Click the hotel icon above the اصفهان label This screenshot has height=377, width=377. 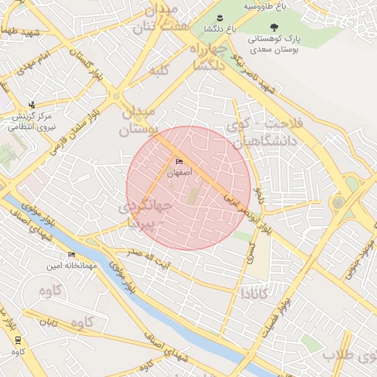click(179, 162)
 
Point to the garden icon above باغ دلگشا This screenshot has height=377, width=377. click(219, 18)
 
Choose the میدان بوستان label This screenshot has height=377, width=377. click(138, 121)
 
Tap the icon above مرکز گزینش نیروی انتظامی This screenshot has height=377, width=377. click(31, 105)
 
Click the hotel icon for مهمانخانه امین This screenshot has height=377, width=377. click(71, 254)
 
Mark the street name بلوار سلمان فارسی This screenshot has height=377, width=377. click(71, 133)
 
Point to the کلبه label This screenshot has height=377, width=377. click(160, 71)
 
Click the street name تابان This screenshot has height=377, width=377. click(48, 323)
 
